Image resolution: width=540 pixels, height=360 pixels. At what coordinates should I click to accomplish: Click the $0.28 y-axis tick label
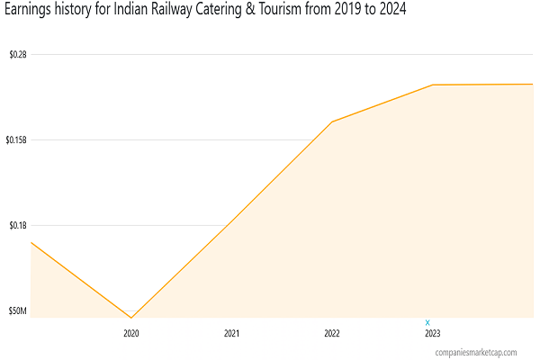click(x=17, y=54)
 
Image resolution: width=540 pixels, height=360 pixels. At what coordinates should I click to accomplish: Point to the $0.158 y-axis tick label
click(x=16, y=139)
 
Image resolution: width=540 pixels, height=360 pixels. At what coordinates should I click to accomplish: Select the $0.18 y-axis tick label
click(x=17, y=225)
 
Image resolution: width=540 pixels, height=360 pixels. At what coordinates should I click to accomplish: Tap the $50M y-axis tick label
click(x=17, y=310)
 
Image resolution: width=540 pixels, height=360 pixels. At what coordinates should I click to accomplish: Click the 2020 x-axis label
click(x=131, y=333)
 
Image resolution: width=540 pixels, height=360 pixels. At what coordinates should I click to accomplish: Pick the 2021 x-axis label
click(x=232, y=333)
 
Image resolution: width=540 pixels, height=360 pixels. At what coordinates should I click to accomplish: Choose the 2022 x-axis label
click(x=332, y=333)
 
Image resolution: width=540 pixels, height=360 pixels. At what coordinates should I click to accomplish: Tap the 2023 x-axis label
click(x=433, y=333)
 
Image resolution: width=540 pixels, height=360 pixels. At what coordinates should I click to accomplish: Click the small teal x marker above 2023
click(x=427, y=322)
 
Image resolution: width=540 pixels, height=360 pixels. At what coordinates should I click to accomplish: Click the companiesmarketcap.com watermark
click(x=475, y=353)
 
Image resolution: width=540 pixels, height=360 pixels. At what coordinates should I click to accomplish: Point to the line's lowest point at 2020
click(x=131, y=318)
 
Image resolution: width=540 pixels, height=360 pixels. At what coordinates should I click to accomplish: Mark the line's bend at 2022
click(x=332, y=121)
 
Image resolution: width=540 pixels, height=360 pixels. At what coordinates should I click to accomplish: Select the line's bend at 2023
click(x=432, y=85)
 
